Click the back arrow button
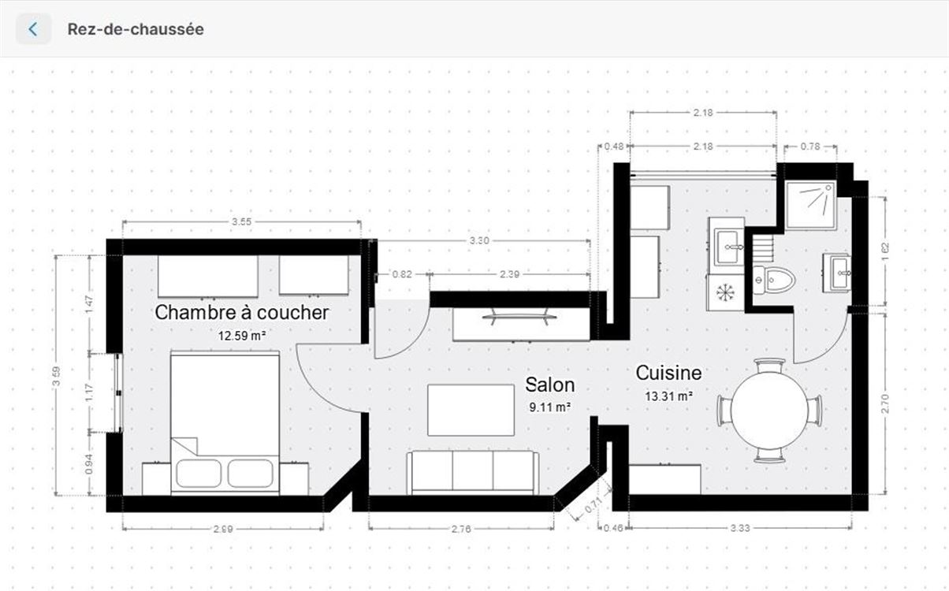pos(33,29)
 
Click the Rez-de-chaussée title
pos(136,29)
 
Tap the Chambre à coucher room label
pos(241,313)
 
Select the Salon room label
pos(550,385)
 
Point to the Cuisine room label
pos(668,373)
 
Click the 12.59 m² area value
pos(242,336)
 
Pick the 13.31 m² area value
pos(668,396)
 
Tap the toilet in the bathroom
pos(773,280)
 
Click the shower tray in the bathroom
pos(811,205)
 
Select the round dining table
pos(769,410)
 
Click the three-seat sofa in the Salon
pos(472,472)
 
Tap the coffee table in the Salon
pos(471,410)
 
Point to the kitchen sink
pos(728,247)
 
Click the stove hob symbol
pos(725,292)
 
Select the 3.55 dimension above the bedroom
pos(241,221)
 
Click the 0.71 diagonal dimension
pos(593,505)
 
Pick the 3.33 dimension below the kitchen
pos(740,528)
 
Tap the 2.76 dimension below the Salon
pos(461,530)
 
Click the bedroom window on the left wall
pos(118,393)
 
